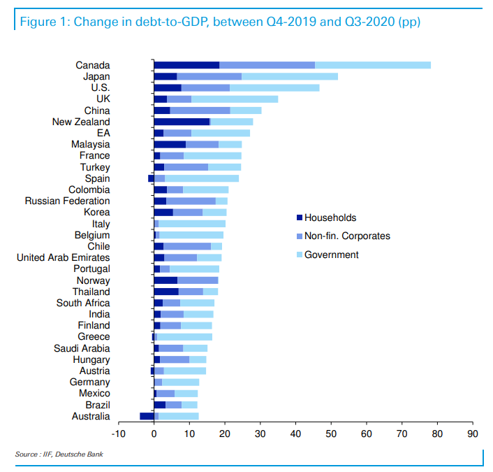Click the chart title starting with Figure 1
pyautogui.click(x=220, y=22)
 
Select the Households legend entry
pyautogui.click(x=330, y=218)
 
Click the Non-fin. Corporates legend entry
pyautogui.click(x=347, y=236)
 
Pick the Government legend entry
pyautogui.click(x=331, y=255)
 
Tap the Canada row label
pyautogui.click(x=92, y=65)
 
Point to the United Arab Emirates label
pyautogui.click(x=63, y=257)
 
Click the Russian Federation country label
pyautogui.click(x=67, y=201)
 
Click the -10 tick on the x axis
pyautogui.click(x=118, y=434)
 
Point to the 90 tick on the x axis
pyautogui.click(x=473, y=434)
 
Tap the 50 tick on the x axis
pyautogui.click(x=331, y=434)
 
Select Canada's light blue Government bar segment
pyautogui.click(x=373, y=65)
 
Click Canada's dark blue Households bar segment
pyautogui.click(x=186, y=65)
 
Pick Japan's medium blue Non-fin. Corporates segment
pyautogui.click(x=209, y=76)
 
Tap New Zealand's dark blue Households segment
pyautogui.click(x=182, y=122)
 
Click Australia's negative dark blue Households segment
pyautogui.click(x=147, y=416)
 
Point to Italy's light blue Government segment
pyautogui.click(x=192, y=224)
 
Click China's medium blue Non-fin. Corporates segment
pyautogui.click(x=200, y=110)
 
